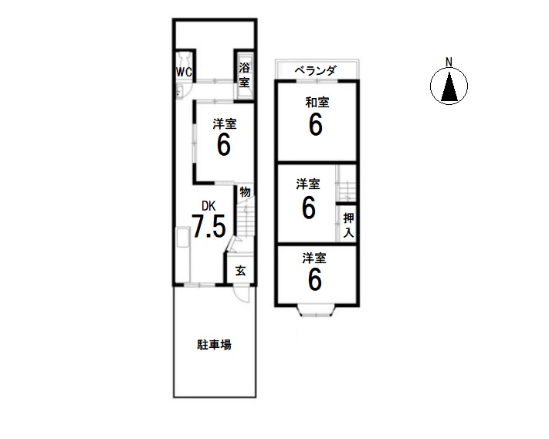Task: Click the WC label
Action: coord(184,72)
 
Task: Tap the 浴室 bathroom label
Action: coord(244,75)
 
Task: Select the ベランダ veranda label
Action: coord(316,70)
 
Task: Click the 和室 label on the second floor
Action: coord(317,103)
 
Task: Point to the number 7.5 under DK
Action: coord(208,226)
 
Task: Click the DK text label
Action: coord(208,206)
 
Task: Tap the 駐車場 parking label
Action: coord(214,345)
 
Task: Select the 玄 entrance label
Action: coord(240,271)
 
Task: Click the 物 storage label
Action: coord(245,191)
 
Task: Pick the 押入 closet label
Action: coord(348,225)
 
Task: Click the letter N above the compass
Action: coord(449,62)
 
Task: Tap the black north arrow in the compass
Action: coord(449,86)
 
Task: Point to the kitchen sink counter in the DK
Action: coord(182,255)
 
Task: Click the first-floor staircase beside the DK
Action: coord(245,221)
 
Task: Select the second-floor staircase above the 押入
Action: coord(346,184)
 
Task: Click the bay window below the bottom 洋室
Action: coord(316,311)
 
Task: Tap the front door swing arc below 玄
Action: coord(241,294)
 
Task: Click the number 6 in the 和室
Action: coord(316,125)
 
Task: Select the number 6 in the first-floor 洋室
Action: coord(224,145)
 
